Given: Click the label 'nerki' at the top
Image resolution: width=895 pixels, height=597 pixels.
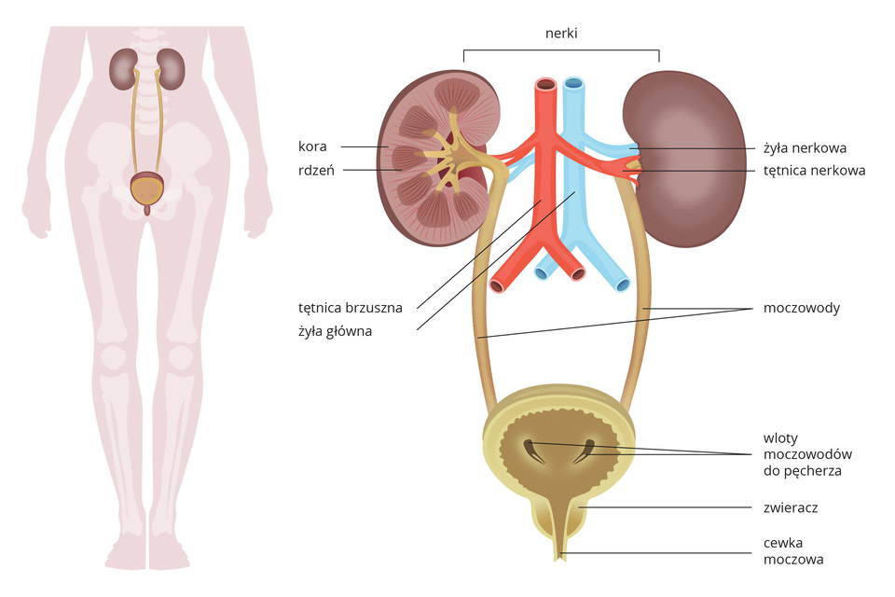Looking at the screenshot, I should click(x=561, y=34).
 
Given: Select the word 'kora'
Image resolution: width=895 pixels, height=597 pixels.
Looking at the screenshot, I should click(x=312, y=146).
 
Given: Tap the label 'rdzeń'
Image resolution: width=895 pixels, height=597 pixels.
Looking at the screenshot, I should click(x=317, y=170).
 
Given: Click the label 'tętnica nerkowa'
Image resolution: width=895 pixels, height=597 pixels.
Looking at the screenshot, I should click(x=814, y=171).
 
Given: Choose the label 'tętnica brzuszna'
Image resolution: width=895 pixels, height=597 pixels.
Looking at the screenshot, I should click(x=350, y=307).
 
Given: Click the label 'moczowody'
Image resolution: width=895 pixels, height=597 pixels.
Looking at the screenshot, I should click(x=801, y=308).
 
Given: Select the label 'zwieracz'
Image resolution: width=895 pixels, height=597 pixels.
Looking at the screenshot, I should click(x=790, y=508).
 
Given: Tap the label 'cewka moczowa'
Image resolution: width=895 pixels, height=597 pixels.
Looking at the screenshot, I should click(x=792, y=550).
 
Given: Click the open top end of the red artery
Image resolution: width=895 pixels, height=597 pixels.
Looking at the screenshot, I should click(x=544, y=86).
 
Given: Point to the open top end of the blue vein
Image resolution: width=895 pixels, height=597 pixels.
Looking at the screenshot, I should click(x=573, y=84).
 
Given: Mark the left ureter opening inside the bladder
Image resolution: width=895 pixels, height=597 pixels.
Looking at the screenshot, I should click(x=532, y=451).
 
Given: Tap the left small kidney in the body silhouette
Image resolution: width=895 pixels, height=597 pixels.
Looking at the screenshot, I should click(x=122, y=68).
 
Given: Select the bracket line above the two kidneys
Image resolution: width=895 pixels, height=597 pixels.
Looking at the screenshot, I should click(x=561, y=49).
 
